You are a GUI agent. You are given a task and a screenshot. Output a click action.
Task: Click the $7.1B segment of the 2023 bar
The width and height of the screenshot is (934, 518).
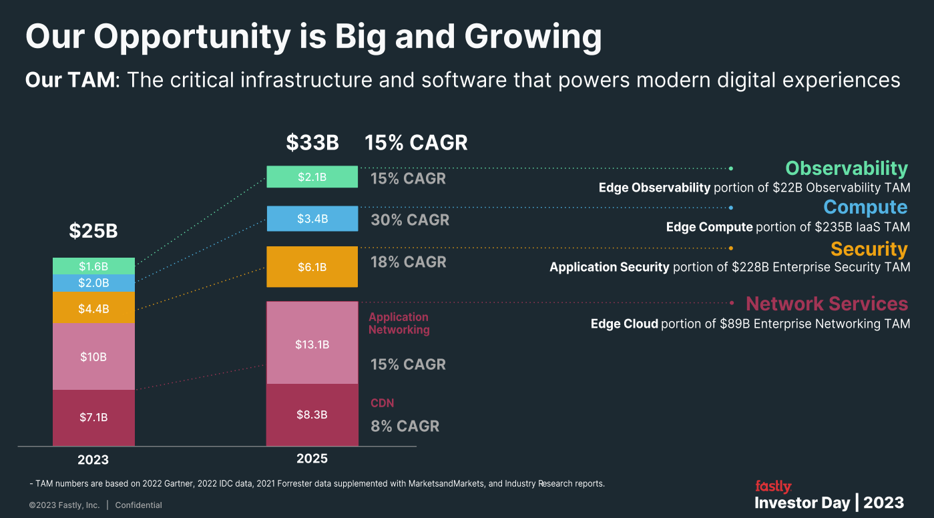point(93,417)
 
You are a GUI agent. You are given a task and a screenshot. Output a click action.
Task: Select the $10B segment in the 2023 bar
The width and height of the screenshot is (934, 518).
point(93,356)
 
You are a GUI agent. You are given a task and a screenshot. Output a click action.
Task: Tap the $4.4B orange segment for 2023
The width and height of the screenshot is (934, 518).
point(93,308)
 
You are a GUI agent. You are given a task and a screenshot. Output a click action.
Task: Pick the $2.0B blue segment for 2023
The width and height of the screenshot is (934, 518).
point(93,283)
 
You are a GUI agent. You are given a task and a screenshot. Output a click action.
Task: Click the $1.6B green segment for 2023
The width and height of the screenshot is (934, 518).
point(93,266)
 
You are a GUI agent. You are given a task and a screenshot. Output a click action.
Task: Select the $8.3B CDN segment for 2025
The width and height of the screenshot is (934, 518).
point(312,415)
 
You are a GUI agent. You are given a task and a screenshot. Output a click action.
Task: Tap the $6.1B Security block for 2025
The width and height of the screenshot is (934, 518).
point(312,267)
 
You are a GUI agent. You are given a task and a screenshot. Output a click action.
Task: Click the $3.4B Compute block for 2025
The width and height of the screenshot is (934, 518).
point(312,218)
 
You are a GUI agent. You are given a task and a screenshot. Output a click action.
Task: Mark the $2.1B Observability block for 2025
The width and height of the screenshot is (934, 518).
point(312,177)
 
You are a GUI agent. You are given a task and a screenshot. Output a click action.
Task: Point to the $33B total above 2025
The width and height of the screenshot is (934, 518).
point(312,143)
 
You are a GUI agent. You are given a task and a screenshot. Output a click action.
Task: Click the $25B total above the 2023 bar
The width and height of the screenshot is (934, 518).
point(93,231)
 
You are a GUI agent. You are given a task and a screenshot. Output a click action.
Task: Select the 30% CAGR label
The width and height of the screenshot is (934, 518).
point(410,220)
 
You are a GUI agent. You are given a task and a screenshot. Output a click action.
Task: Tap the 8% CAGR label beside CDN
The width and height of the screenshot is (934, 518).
point(405,426)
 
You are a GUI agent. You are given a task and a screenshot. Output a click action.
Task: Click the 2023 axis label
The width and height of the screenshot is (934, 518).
point(93,460)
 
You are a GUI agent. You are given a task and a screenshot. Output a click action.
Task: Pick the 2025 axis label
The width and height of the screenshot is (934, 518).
point(312,459)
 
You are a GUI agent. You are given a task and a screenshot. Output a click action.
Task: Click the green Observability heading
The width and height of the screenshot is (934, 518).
point(846,168)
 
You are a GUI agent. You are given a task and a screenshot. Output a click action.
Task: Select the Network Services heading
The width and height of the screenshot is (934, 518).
point(827,304)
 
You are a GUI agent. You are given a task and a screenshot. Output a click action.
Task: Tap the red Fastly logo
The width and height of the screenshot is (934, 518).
point(773,486)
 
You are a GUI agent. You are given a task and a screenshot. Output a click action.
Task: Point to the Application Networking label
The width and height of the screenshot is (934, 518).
point(399,323)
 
